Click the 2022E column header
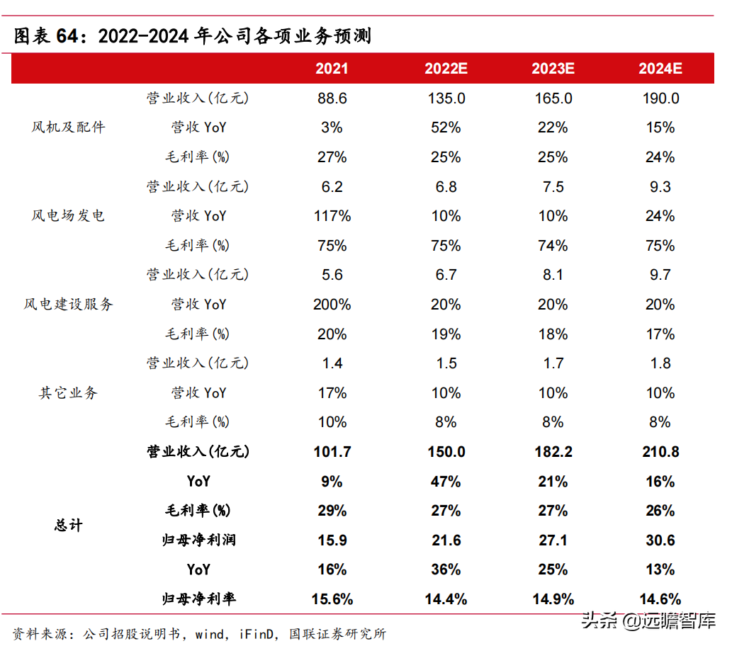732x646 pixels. pos(446,69)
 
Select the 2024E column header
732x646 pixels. pos(660,69)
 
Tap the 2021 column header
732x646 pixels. pos(332,69)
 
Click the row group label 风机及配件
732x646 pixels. pos(68,127)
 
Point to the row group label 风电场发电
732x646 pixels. pos(68,215)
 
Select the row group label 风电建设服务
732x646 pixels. pos(68,305)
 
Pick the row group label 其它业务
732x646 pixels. pos(68,392)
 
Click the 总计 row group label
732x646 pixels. pos(68,525)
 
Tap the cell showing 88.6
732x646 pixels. pos(332,98)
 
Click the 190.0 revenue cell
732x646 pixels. pos(660,98)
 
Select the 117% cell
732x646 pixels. pos(332,216)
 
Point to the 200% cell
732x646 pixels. pos(332,305)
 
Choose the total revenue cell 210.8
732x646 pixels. pos(660,452)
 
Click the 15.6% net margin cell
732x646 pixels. pos(332,599)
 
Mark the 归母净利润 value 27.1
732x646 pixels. pos(553,540)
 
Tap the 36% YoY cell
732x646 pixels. pos(446,569)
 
